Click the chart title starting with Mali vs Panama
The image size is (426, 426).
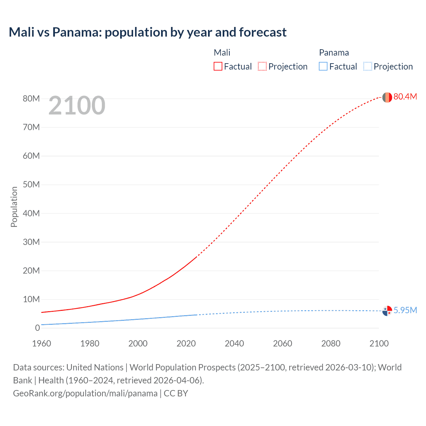coord(147,32)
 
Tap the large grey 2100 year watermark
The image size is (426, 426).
coord(77,106)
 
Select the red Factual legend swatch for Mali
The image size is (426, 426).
coord(218,66)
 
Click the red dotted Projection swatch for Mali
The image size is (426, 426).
coord(262,66)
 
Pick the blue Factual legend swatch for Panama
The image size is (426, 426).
coord(323,66)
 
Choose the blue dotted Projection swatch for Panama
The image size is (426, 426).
coord(367,66)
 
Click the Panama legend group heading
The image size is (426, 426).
coord(334,53)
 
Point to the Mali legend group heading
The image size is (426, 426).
coord(222,53)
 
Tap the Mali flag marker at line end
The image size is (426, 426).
coord(387,97)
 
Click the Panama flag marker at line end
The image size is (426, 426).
coord(387,311)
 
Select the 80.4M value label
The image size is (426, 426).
coord(405,97)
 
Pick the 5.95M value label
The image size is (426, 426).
coord(405,310)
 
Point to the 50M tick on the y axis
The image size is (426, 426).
coord(31,184)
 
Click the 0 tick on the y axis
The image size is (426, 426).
coord(37,328)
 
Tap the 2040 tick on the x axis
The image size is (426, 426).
coord(234,343)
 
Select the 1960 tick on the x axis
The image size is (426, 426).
coord(42,343)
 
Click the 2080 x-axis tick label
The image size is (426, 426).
coord(331,343)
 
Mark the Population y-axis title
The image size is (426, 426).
coord(14,207)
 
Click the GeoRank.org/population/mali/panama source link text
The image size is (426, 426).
coord(85,393)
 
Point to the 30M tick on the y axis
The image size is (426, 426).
coord(31,242)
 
